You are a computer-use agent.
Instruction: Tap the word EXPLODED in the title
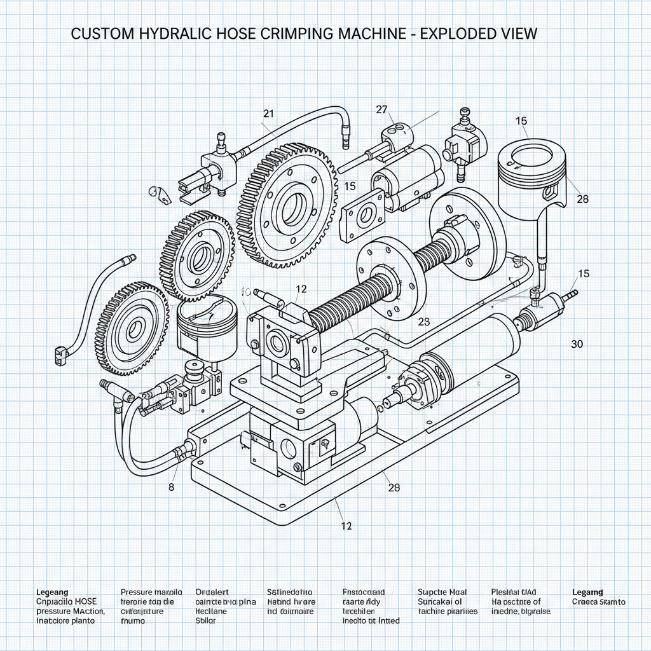point(453,34)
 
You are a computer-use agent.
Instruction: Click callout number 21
point(268,114)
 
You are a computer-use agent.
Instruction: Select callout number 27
point(381,109)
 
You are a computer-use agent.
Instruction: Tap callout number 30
point(577,344)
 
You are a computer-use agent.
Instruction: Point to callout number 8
point(171,488)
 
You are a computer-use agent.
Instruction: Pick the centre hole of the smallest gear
point(135,329)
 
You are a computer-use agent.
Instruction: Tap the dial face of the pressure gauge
point(205,312)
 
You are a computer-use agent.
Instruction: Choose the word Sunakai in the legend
point(435,601)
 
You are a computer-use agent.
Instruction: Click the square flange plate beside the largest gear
point(364,216)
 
